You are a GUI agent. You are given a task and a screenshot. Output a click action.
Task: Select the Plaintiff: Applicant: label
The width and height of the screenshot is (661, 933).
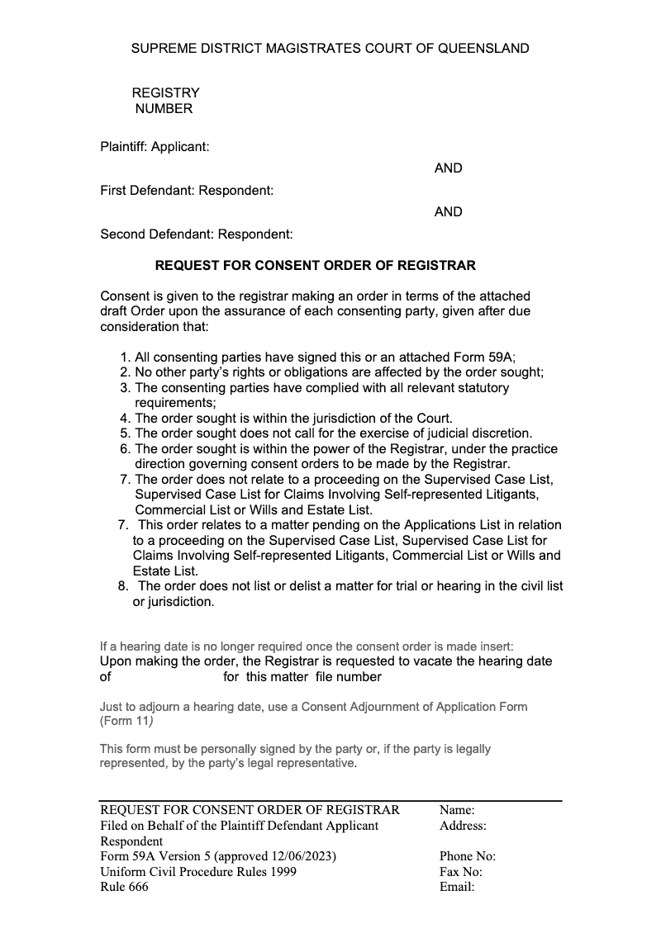(155, 147)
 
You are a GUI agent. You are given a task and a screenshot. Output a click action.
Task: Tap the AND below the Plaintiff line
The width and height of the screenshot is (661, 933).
(448, 168)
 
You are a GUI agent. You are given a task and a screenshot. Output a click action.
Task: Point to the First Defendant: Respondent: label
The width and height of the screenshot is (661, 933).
(187, 191)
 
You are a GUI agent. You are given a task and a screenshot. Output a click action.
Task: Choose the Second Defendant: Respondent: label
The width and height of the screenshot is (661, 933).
(197, 234)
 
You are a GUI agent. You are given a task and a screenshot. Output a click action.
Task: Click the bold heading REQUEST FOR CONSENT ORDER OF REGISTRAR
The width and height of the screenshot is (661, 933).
(316, 266)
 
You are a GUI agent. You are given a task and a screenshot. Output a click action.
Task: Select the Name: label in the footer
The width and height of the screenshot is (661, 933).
(457, 810)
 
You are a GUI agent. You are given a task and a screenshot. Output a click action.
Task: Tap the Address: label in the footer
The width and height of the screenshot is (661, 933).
(463, 826)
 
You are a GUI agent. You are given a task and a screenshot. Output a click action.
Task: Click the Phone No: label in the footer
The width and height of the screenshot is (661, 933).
(468, 856)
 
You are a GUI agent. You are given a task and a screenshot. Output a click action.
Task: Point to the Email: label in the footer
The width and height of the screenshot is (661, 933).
(457, 888)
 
